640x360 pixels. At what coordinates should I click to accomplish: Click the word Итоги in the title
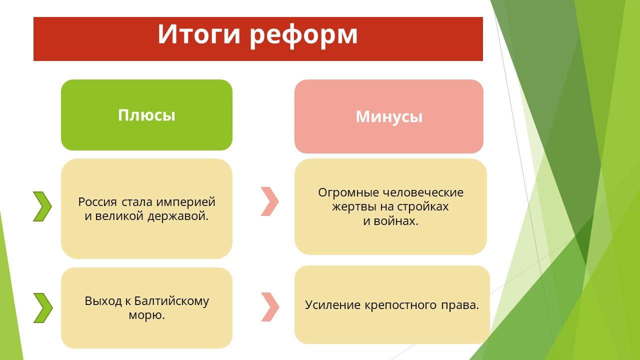198,34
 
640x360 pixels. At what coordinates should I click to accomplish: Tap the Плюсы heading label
146,115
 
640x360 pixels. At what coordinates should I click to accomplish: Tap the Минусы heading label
389,117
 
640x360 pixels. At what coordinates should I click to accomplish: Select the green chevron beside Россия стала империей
42,206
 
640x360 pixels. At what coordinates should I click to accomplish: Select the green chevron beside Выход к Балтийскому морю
43,307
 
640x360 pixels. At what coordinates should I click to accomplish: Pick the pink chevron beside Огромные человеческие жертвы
269,201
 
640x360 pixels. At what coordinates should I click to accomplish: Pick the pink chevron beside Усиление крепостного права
270,307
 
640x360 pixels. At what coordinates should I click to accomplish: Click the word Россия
97,202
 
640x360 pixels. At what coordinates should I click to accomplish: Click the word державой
178,216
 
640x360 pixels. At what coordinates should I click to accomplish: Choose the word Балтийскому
171,301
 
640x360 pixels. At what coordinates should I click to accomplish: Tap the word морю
147,315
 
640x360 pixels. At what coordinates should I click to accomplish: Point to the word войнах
396,221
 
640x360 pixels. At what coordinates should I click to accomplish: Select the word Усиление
332,305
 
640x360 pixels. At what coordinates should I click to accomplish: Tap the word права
459,305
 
